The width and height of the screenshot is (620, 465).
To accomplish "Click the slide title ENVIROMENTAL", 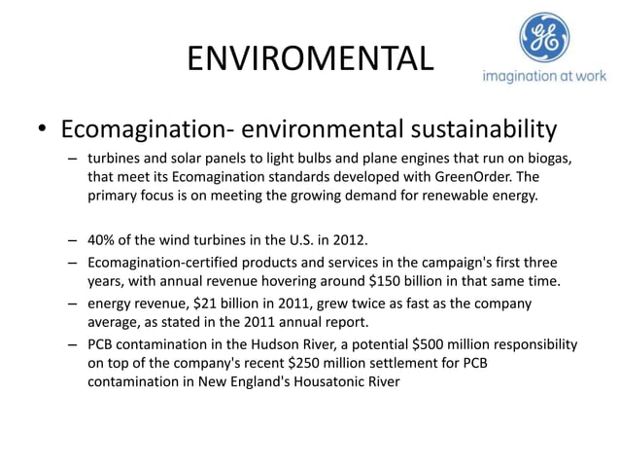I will [310, 59].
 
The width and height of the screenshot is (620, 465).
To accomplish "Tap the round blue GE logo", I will [544, 38].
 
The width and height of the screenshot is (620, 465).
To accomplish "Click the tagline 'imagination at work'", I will [544, 78].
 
